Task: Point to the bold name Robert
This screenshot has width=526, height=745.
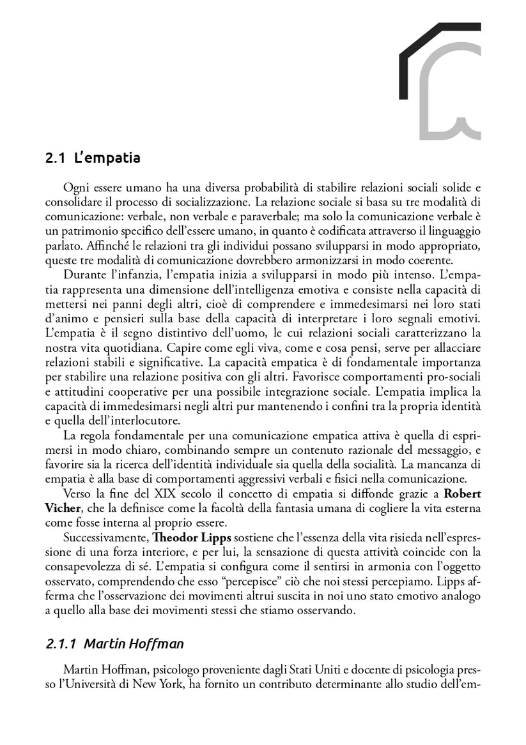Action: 463,493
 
